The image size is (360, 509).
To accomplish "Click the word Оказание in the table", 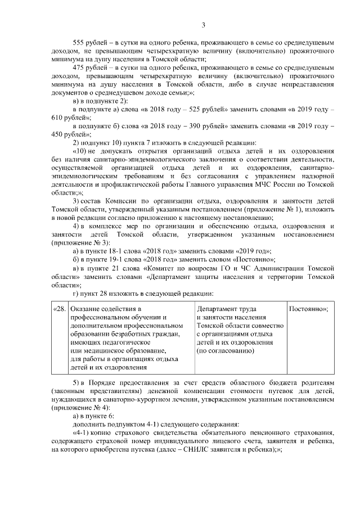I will click(87, 309).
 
